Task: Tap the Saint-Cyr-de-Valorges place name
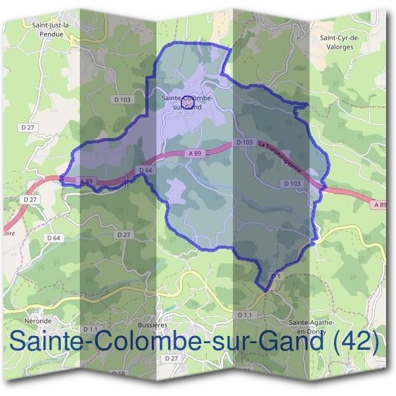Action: tap(339, 43)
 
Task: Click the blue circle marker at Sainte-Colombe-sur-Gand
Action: tap(187, 101)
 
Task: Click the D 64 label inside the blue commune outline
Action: tap(146, 170)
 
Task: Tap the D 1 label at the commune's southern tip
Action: tap(276, 275)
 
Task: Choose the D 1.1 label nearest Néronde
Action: tap(90, 328)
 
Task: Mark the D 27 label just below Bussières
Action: tap(172, 358)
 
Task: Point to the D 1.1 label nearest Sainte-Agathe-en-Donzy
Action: tap(244, 315)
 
